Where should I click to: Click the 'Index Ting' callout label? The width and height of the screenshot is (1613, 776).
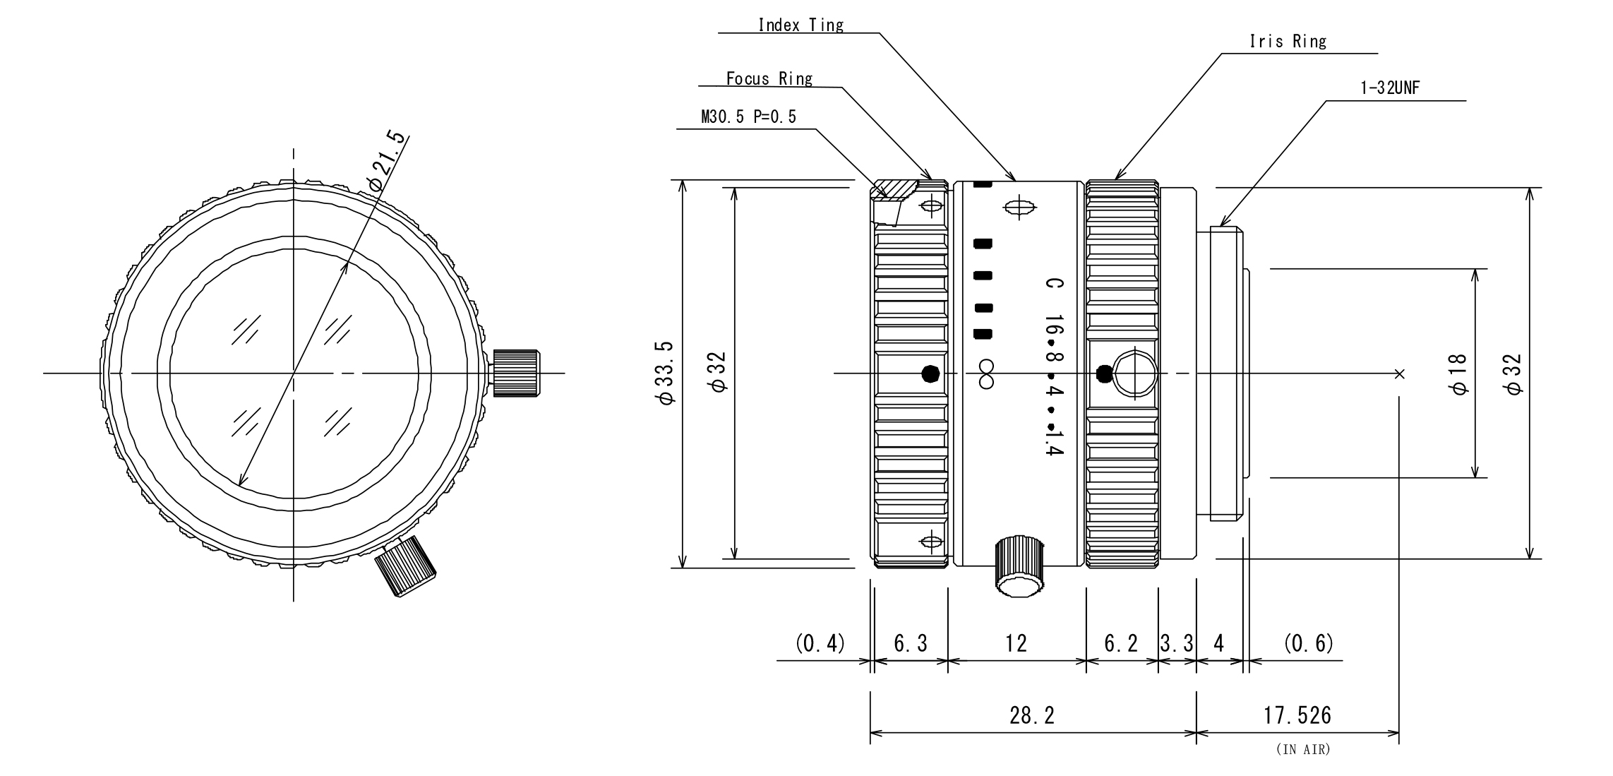click(800, 25)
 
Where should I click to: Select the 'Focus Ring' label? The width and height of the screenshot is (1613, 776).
click(769, 78)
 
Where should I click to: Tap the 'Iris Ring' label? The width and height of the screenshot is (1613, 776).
click(1288, 42)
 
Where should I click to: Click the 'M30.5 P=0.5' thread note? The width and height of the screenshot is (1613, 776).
click(748, 117)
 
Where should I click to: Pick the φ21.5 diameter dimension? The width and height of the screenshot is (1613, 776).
click(388, 161)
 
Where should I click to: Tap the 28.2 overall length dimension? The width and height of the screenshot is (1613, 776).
click(1031, 716)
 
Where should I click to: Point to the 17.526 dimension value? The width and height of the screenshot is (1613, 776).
click(1297, 716)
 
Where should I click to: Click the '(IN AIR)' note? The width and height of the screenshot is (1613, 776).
click(1302, 750)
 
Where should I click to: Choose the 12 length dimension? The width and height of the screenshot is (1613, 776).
click(1016, 643)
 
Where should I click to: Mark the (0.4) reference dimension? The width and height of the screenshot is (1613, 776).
click(820, 643)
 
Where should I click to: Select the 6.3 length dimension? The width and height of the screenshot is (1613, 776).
click(910, 643)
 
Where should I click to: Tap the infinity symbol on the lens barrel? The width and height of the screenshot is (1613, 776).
click(986, 374)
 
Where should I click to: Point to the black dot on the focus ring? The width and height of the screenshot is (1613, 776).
click(931, 374)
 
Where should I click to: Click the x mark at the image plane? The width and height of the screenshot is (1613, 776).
click(1400, 374)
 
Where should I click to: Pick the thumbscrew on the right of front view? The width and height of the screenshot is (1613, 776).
click(516, 373)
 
